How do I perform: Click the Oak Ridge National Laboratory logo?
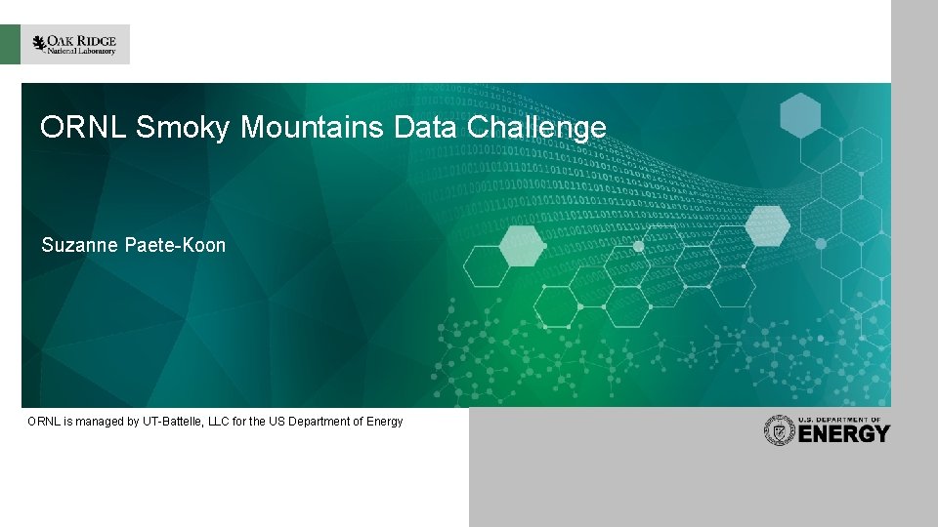point(75,45)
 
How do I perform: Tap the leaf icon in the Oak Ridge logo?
point(39,44)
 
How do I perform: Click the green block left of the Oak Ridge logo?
point(10,45)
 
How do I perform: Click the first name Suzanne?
point(81,246)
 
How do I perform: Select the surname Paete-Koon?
point(176,246)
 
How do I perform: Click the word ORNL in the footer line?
point(43,422)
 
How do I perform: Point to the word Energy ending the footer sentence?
point(382,422)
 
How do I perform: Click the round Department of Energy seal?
point(779,430)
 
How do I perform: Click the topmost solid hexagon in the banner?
point(800,115)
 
